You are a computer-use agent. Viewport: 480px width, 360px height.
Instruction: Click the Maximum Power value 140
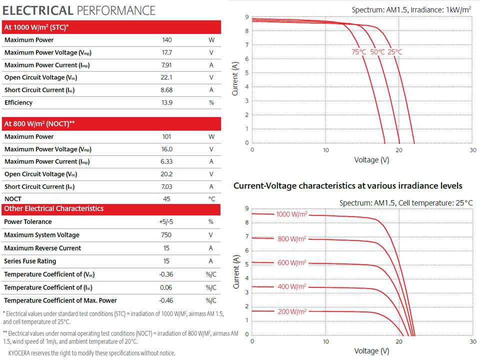(x=166, y=40)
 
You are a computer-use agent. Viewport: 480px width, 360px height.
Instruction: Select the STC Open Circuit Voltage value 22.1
(x=166, y=77)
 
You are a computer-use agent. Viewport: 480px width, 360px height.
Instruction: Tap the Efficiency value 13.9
(x=166, y=102)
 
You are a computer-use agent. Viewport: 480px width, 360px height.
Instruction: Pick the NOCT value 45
(x=166, y=199)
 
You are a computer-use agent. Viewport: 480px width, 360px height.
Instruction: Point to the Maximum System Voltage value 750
(x=166, y=235)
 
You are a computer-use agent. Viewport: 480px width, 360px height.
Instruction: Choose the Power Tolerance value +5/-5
(x=166, y=222)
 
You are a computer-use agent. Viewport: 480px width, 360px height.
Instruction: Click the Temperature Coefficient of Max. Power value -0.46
(x=166, y=300)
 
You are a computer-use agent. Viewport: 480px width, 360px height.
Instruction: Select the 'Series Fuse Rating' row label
(x=30, y=261)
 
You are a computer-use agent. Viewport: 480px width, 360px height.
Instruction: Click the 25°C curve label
(x=394, y=52)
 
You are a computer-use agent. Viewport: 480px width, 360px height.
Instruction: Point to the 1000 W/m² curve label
(x=291, y=214)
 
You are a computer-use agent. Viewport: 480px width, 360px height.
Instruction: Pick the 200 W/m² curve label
(x=291, y=311)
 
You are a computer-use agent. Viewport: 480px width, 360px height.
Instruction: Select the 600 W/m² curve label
(x=291, y=263)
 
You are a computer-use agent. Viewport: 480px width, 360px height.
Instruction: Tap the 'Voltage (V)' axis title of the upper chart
(x=371, y=160)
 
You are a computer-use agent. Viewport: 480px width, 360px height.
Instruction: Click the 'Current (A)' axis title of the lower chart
(x=236, y=271)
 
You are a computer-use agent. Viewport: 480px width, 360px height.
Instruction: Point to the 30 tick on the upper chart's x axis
(x=473, y=150)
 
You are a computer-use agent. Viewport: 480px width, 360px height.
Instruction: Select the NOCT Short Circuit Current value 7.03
(x=166, y=186)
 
